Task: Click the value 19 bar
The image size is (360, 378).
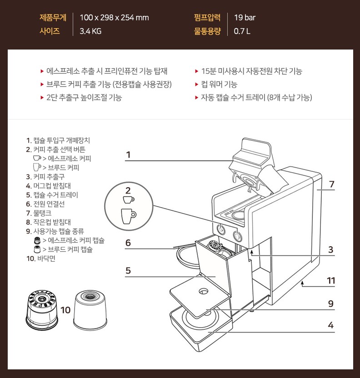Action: click(245, 18)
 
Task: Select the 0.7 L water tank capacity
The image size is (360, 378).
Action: click(242, 31)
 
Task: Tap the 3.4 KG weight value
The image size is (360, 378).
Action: click(90, 31)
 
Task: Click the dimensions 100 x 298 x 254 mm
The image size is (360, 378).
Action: click(114, 18)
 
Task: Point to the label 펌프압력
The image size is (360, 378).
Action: click(207, 18)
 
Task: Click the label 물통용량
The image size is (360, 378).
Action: click(207, 31)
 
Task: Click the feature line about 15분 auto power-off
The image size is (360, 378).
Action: click(251, 71)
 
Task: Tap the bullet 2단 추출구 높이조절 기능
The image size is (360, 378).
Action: click(84, 98)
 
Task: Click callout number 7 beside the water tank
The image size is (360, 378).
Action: click(332, 184)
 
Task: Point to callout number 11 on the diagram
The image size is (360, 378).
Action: click(331, 281)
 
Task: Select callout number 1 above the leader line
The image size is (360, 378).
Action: click(128, 154)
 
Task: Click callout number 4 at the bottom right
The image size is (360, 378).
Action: click(331, 325)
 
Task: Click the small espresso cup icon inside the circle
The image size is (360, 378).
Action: click(128, 199)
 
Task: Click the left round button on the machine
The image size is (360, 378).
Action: click(220, 229)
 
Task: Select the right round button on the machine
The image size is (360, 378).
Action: click(237, 235)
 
